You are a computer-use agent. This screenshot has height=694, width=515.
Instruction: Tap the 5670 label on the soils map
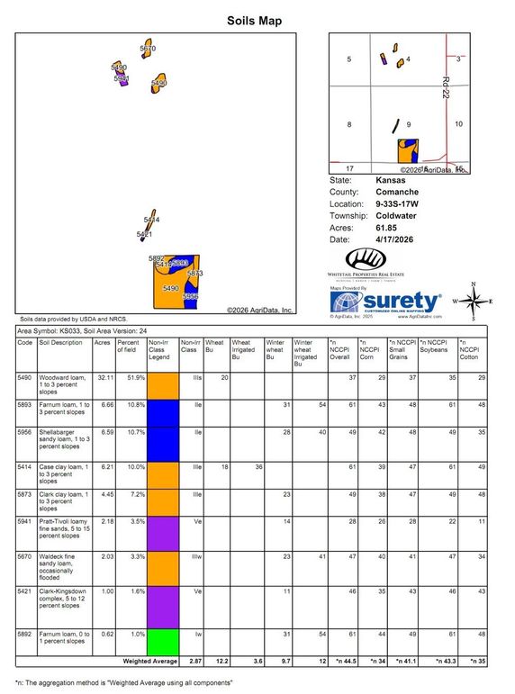[x=148, y=48]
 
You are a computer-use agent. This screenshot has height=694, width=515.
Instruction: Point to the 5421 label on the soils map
[x=144, y=234]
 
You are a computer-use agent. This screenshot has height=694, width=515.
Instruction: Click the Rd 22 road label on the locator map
[x=446, y=86]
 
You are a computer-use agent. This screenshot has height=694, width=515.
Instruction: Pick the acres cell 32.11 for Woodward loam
[x=103, y=377]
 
